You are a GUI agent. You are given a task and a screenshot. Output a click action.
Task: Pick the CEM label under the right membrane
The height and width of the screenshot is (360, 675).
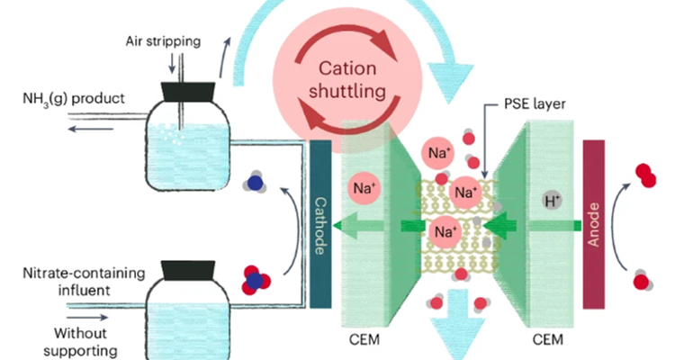tap(550, 339)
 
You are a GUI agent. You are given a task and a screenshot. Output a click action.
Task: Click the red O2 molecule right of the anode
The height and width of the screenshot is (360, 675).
tap(644, 175)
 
